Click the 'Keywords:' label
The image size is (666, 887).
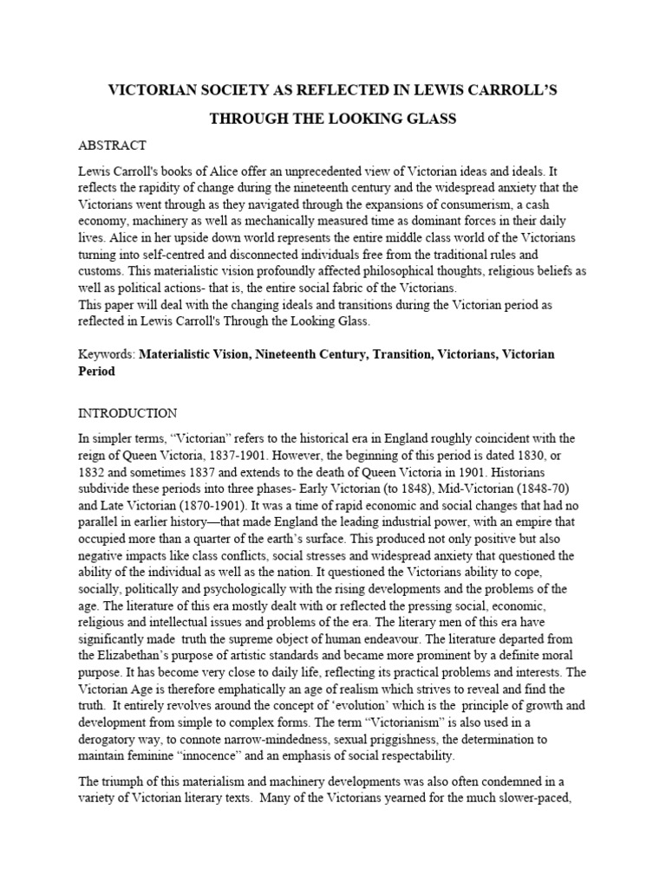pyautogui.click(x=107, y=354)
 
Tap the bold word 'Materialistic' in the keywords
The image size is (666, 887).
pyautogui.click(x=180, y=354)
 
